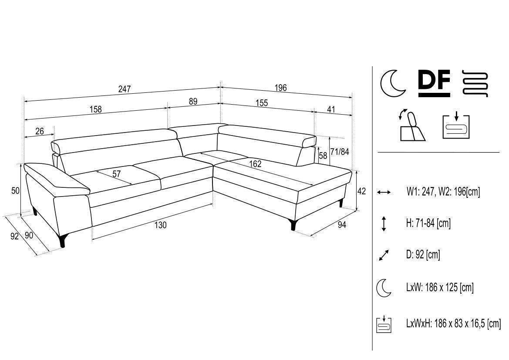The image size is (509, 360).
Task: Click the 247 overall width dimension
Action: click(125, 89)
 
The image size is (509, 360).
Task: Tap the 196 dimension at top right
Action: click(280, 88)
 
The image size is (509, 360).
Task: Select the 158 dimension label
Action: click(95, 109)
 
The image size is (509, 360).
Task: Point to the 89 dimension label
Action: click(193, 102)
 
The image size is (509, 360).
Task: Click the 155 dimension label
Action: click(262, 103)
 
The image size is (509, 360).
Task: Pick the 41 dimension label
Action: click(331, 109)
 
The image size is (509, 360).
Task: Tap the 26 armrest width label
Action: click(40, 131)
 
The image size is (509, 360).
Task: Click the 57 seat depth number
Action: click(117, 174)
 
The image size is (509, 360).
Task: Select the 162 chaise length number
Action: click(255, 164)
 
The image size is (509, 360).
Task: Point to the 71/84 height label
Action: click(340, 151)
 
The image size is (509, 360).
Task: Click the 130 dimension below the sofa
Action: click(160, 225)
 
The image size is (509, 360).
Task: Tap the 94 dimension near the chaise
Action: click(342, 224)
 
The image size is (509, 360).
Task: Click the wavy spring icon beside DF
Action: click(474, 84)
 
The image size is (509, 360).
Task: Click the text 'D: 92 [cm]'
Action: click(423, 255)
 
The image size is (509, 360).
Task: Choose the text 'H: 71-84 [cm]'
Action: click(428, 223)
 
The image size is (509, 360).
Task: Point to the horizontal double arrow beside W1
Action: click(384, 192)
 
